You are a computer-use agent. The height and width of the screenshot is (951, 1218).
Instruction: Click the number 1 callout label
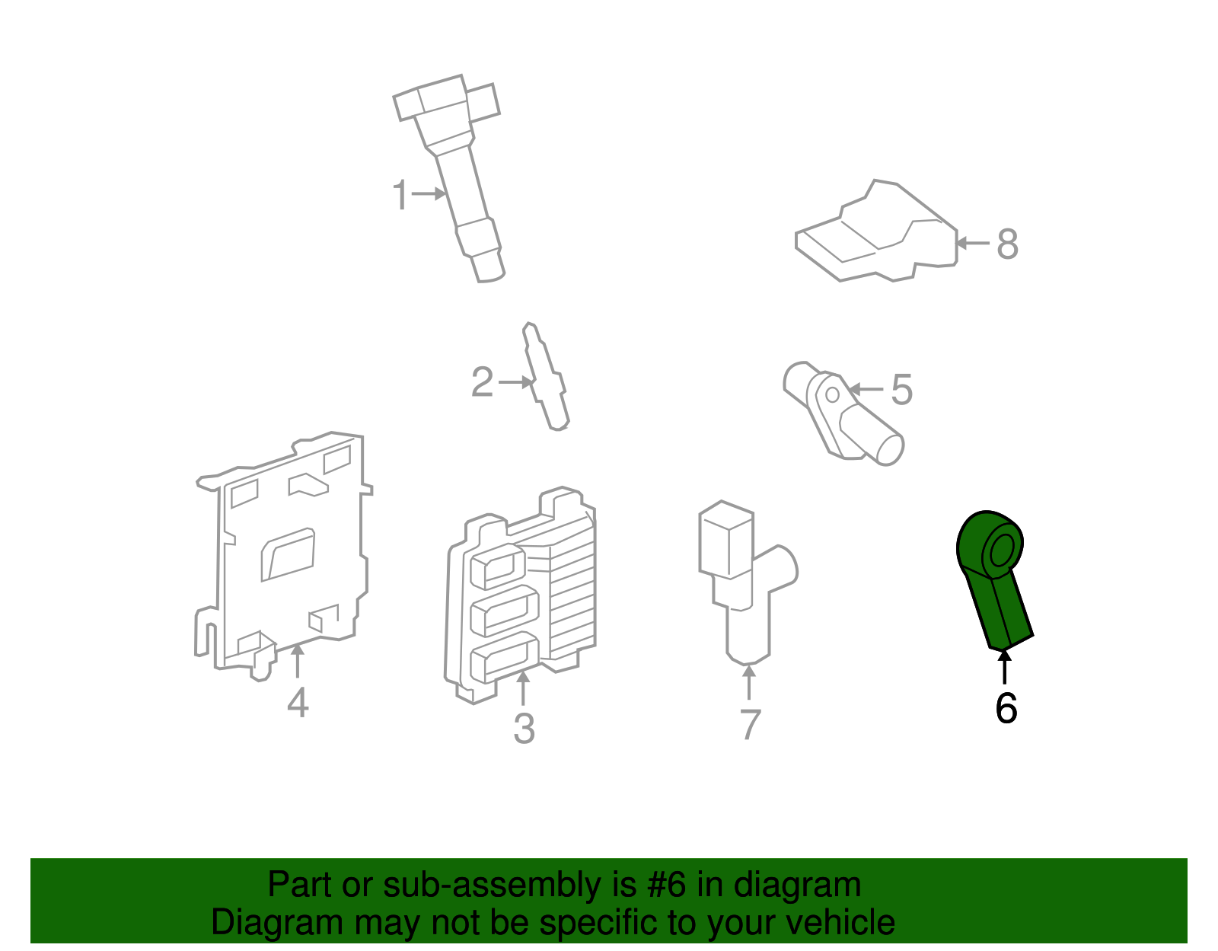click(400, 195)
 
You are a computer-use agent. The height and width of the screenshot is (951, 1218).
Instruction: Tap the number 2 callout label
click(483, 382)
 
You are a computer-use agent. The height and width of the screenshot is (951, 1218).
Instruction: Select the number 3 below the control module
click(524, 729)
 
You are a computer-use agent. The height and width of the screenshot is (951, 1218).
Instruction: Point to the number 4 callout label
click(298, 702)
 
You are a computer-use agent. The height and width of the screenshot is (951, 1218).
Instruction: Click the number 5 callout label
click(901, 390)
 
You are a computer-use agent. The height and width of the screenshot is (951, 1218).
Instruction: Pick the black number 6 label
click(1006, 709)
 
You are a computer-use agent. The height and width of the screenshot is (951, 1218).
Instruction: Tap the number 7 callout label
click(750, 724)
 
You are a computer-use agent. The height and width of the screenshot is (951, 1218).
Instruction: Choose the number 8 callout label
click(1007, 244)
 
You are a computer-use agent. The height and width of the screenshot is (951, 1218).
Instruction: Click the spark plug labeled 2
click(547, 377)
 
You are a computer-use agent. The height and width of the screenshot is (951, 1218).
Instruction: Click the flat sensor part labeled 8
click(875, 236)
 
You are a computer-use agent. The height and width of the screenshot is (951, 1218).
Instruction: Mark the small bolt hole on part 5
click(832, 394)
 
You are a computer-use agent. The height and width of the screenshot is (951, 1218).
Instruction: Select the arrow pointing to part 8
click(972, 244)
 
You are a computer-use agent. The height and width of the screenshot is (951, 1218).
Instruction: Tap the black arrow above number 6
click(1005, 668)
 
